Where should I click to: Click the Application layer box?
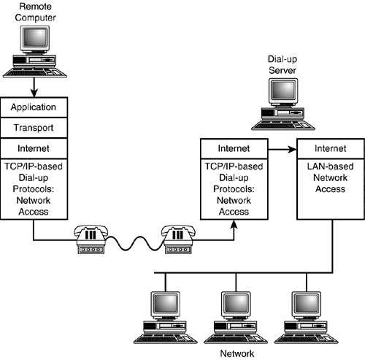[x=34, y=107]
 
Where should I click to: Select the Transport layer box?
[x=34, y=128]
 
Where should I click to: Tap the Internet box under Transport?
[x=34, y=148]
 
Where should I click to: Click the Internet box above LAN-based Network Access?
[x=331, y=148]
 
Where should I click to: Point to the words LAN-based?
[x=330, y=166]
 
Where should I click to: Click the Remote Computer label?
[x=35, y=12]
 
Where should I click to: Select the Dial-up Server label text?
[x=283, y=64]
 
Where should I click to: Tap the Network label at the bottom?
[x=237, y=353]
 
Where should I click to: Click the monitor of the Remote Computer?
[x=35, y=39]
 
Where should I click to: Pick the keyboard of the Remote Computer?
[x=35, y=72]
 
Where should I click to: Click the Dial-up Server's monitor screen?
[x=284, y=90]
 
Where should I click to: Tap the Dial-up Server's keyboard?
[x=283, y=125]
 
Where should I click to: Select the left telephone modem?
[x=91, y=240]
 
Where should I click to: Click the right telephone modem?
[x=178, y=240]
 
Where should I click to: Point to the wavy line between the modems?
[x=134, y=243]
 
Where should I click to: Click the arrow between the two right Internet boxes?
[x=283, y=149]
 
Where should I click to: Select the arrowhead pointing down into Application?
[x=34, y=93]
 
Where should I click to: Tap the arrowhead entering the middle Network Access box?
[x=234, y=224]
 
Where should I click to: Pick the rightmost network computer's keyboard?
[x=307, y=338]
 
